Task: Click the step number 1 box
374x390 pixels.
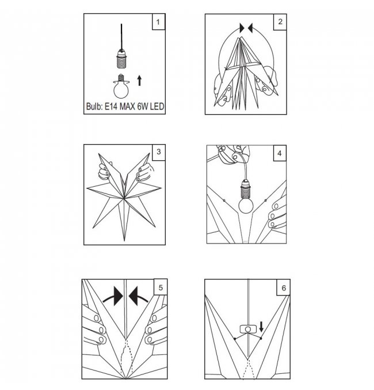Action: (159, 22)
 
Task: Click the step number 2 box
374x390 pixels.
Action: (280, 22)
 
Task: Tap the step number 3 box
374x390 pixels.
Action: (159, 152)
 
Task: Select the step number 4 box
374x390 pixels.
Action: (280, 153)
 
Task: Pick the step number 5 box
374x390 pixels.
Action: (161, 287)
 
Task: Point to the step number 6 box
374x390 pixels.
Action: (284, 288)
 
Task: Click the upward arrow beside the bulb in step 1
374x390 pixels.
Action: (139, 81)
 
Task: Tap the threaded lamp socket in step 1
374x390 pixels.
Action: (121, 59)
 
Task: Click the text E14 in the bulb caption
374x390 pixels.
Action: (110, 107)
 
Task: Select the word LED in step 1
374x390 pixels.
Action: (157, 107)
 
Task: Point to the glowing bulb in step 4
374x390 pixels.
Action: (246, 206)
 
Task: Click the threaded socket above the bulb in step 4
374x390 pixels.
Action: (246, 189)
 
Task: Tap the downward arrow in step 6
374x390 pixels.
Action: (261, 327)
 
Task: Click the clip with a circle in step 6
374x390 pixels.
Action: (248, 329)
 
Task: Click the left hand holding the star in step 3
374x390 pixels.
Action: (104, 171)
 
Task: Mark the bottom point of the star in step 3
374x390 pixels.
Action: (124, 241)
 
